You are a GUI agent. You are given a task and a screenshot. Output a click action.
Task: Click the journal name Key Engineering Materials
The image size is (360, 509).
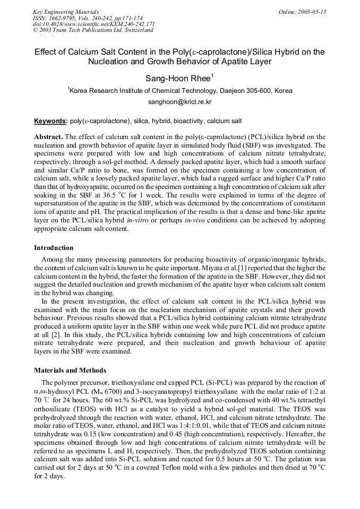tap(66, 12)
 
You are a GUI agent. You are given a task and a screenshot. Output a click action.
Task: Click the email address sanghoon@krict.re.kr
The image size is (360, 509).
tap(179, 101)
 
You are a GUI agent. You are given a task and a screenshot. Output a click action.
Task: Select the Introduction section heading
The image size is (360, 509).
tap(54, 247)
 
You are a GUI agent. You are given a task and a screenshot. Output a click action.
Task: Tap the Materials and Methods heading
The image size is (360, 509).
tap(70, 370)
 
